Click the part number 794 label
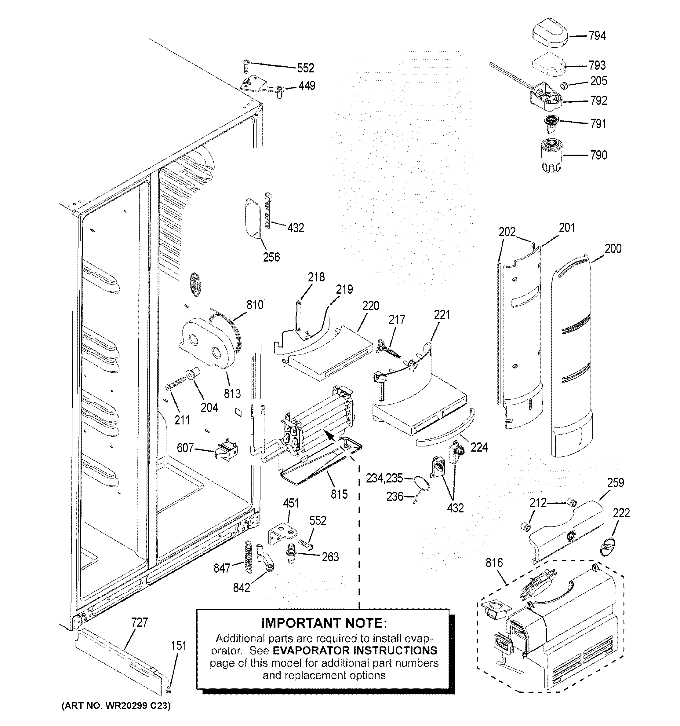[x=597, y=36]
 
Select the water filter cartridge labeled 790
[x=551, y=155]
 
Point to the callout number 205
[x=598, y=81]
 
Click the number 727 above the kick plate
[x=140, y=622]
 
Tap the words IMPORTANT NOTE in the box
[x=324, y=623]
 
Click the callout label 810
[x=255, y=305]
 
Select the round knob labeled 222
[x=607, y=547]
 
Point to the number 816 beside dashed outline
[x=494, y=563]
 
